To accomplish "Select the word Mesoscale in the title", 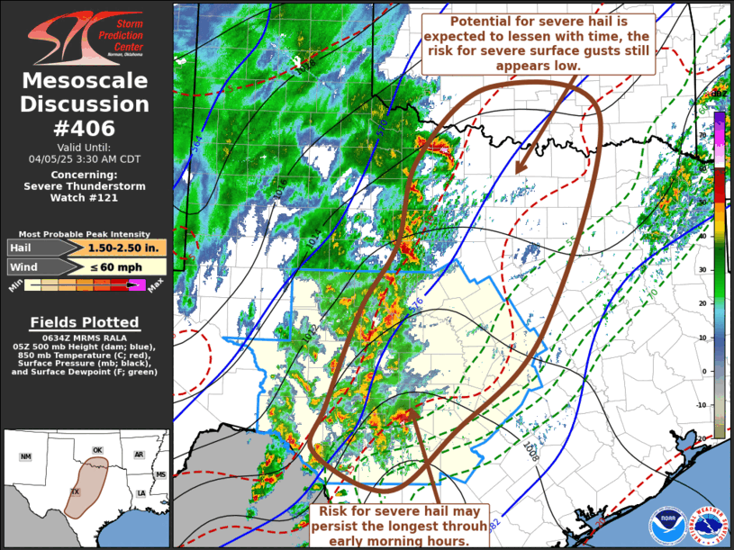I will (86, 81).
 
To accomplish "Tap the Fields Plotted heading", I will (85, 322).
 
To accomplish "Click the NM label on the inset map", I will (25, 457).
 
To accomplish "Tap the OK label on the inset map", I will (97, 450).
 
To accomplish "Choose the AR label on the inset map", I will (140, 455).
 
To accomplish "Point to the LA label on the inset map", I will (141, 493).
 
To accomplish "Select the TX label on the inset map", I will (76, 491).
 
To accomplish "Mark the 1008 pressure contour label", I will (530, 451).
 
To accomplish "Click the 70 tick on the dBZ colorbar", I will (704, 133).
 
